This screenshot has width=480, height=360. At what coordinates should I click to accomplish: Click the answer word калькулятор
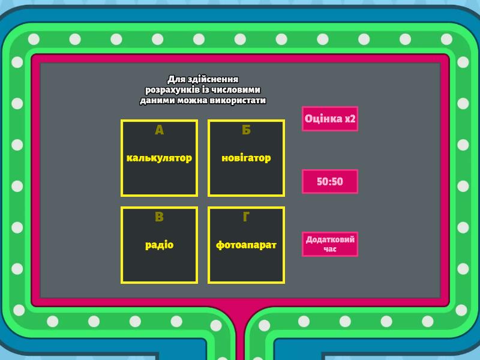tap(159, 158)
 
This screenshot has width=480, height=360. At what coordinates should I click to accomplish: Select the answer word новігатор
tap(246, 158)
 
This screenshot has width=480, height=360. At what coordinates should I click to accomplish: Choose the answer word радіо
tap(159, 245)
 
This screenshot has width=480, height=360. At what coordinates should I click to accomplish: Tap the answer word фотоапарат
tap(246, 245)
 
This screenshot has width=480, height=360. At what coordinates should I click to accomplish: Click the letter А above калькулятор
tap(159, 130)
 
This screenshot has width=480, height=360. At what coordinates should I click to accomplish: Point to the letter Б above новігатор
tap(246, 130)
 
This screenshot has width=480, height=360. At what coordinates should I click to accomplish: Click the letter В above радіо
tap(159, 217)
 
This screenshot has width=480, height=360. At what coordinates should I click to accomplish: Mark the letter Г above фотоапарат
tap(246, 217)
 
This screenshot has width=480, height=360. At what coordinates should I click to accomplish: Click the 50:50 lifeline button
tap(330, 182)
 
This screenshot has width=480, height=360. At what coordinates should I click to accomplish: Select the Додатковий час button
tap(330, 244)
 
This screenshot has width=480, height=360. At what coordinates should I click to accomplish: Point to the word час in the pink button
tap(330, 249)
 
